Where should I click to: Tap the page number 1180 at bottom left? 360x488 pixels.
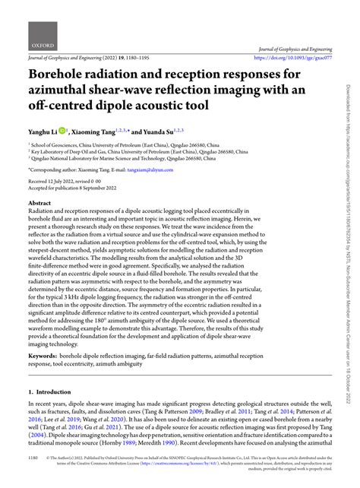coord(33,460)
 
